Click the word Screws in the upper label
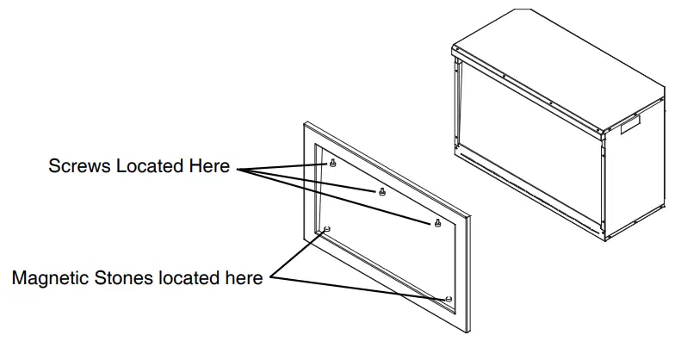(x=77, y=166)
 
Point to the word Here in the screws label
(x=209, y=166)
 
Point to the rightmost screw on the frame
(x=437, y=222)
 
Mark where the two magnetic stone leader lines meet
(x=270, y=278)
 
